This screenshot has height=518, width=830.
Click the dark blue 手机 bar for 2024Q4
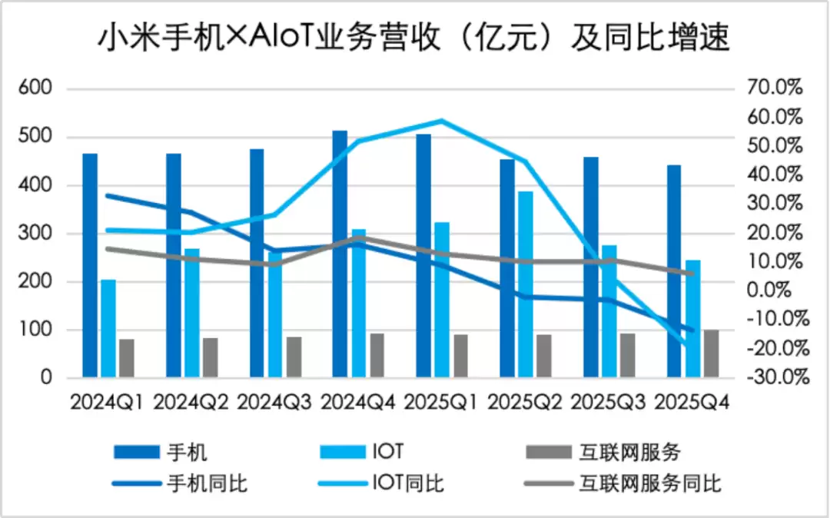pyautogui.click(x=340, y=254)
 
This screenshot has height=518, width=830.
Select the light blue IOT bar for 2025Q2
pyautogui.click(x=526, y=284)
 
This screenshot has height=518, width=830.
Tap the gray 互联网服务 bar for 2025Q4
pyautogui.click(x=711, y=354)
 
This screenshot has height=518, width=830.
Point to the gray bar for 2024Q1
pyautogui.click(x=127, y=358)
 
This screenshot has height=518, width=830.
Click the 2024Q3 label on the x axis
pyautogui.click(x=274, y=402)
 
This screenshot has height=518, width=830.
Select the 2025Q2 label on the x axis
pyautogui.click(x=526, y=402)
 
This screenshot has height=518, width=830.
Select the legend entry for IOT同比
pyautogui.click(x=407, y=483)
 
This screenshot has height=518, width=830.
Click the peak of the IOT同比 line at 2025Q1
pyautogui.click(x=441, y=121)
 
